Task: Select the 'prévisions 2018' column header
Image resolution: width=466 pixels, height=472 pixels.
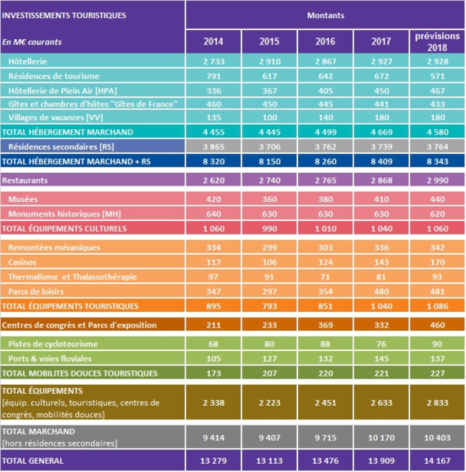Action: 431,41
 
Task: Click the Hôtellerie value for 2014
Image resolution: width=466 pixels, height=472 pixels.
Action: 209,61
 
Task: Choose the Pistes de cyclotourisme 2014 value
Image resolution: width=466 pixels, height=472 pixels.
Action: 209,344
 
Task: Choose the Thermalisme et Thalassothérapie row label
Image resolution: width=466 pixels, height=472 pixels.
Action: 72,277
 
